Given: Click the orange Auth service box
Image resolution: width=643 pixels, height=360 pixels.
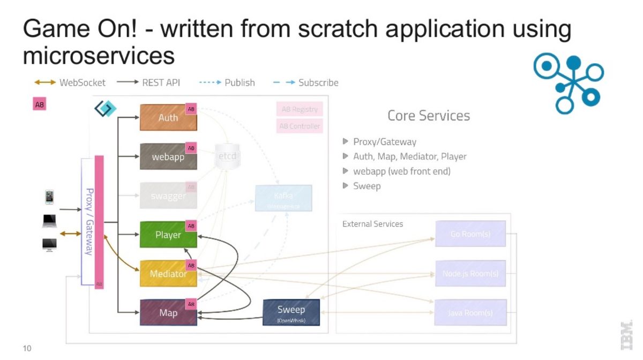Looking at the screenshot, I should point(168,117).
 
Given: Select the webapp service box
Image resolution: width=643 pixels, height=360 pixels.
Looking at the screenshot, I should point(168,156).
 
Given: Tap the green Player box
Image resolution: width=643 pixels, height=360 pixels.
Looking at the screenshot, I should point(168,235).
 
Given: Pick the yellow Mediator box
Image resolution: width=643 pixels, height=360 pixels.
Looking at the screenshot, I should point(168,273).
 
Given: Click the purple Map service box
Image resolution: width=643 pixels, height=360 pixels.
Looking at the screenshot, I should point(168,312).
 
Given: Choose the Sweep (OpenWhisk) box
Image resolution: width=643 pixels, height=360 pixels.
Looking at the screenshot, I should point(291,312).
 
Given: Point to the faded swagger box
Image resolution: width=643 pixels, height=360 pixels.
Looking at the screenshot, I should point(168,196).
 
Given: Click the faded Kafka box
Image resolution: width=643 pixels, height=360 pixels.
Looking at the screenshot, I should point(283,198).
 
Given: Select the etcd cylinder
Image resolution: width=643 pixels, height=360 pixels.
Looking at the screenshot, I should point(227,156).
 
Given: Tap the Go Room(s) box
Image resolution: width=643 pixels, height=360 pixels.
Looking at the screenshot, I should point(470,234).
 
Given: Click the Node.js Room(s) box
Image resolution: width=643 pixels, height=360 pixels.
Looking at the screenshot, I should point(470,273).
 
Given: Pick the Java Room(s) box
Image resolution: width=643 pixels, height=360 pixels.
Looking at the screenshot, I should point(470,312).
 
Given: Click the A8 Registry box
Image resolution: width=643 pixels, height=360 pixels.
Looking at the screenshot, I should point(300,109).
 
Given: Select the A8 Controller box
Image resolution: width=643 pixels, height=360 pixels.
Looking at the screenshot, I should point(300,126).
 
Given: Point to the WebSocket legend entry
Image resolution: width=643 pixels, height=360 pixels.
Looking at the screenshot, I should point(70,82).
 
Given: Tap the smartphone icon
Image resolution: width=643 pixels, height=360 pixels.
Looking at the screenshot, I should point(49,197).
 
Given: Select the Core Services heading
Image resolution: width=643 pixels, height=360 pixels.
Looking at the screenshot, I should point(428,115).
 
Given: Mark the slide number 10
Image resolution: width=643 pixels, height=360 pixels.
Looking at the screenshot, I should point(27,348).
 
